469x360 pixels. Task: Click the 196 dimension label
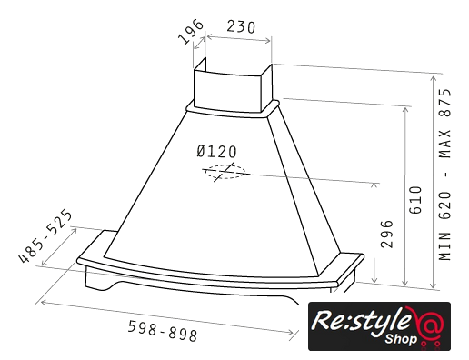[191, 32]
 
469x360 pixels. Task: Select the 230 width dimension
[241, 27]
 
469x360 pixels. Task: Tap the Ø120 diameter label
[216, 152]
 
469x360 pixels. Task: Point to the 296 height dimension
[386, 235]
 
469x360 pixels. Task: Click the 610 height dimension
[415, 200]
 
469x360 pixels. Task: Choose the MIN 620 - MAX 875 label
[444, 175]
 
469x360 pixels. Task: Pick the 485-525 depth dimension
[45, 235]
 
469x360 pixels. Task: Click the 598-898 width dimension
[163, 331]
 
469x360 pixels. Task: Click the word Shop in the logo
[401, 338]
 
